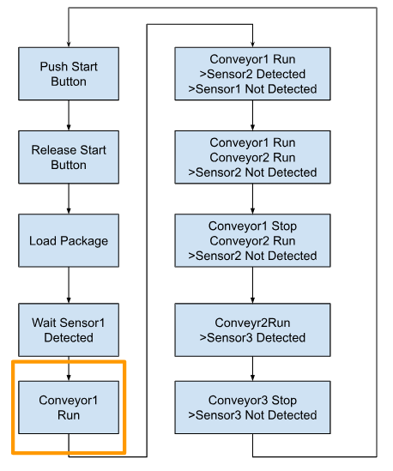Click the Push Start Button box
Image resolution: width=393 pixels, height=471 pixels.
[69, 74]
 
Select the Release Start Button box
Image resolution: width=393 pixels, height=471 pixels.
[69, 157]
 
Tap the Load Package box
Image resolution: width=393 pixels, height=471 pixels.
[69, 240]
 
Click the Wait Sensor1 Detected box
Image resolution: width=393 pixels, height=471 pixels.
[69, 329]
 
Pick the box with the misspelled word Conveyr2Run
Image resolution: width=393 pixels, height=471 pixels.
[252, 329]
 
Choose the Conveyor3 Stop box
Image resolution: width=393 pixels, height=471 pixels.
[252, 408]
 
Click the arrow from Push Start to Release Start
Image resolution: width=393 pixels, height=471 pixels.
[69, 115]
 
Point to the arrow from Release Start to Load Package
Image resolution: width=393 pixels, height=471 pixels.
[69, 199]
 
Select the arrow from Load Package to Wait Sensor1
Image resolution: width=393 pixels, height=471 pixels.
[69, 285]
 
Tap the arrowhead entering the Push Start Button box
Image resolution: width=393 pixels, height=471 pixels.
[69, 45]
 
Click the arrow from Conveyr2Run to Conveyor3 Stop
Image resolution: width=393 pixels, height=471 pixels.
[252, 369]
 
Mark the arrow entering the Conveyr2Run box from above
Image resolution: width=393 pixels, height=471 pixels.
[252, 285]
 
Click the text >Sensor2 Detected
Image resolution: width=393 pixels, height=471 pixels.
[252, 74]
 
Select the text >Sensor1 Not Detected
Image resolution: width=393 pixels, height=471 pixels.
[252, 89]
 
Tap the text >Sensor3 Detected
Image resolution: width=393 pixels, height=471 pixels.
[252, 338]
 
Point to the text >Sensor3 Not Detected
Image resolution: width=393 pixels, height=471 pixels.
[252, 415]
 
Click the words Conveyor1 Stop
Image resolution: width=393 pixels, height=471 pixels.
[252, 226]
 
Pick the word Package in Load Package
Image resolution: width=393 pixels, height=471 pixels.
[84, 241]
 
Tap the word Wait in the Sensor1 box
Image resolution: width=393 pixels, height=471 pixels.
[45, 323]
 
